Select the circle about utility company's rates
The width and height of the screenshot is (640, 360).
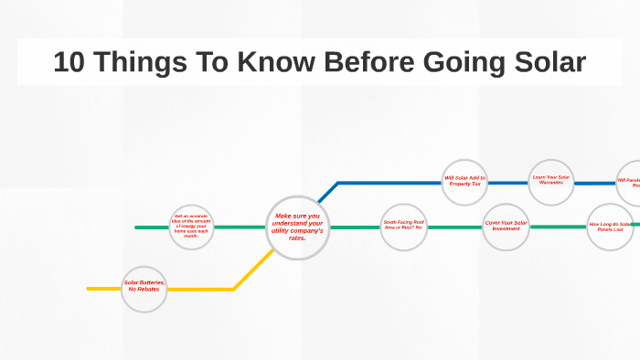297,228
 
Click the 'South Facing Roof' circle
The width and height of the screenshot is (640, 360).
403,226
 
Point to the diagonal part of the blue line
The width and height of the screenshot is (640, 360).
327,192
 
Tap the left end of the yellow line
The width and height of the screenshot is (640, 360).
90,289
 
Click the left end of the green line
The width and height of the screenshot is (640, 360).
137,227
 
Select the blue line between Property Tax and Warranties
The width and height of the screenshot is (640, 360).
508,182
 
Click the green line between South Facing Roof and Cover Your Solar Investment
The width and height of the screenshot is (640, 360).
454,227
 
